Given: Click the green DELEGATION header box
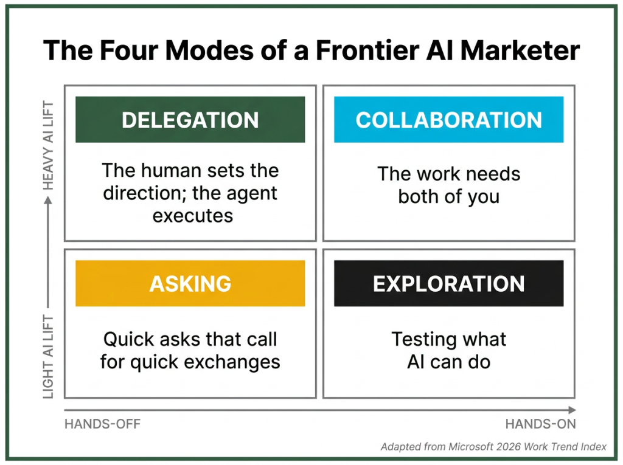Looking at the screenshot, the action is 190,120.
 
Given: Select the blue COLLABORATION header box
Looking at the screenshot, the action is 448,120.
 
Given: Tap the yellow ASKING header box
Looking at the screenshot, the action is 190,283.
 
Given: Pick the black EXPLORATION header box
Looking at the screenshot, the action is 448,283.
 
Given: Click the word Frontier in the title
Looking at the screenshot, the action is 367,50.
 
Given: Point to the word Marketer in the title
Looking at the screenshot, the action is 520,50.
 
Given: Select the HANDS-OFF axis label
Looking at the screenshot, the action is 102,424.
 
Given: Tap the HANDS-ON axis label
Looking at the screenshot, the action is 540,424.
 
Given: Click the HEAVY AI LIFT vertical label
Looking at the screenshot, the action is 48,145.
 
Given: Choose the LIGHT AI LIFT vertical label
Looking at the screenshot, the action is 48,357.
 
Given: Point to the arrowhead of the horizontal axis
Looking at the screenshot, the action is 572,410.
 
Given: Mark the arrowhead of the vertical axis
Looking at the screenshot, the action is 48,201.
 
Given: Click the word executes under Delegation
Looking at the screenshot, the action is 193,216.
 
